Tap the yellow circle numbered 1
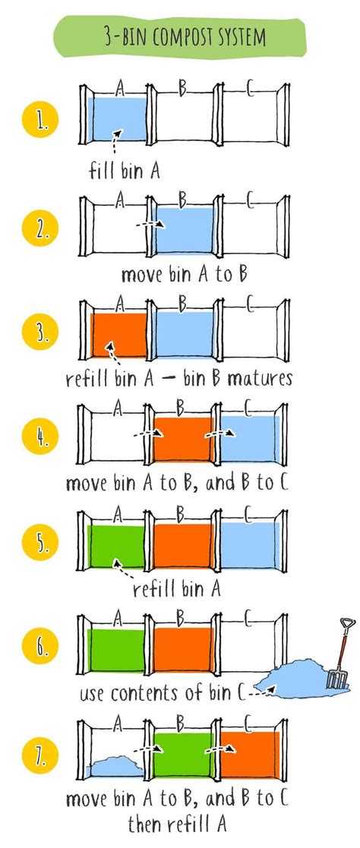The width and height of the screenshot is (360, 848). pyautogui.click(x=39, y=121)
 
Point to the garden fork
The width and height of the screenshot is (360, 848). pyautogui.click(x=340, y=654)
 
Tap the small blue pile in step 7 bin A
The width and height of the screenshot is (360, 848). pyautogui.click(x=115, y=766)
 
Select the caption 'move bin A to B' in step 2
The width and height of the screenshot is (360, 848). pyautogui.click(x=184, y=274)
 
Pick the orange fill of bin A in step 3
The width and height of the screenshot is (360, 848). pyautogui.click(x=119, y=335)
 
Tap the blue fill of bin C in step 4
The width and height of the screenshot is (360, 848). pyautogui.click(x=249, y=439)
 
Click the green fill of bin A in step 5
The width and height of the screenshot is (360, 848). pyautogui.click(x=116, y=546)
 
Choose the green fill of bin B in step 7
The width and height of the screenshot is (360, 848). pyautogui.click(x=185, y=755)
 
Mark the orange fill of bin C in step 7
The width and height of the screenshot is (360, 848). pyautogui.click(x=250, y=755)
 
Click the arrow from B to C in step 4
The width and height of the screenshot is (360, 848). pyautogui.click(x=219, y=433)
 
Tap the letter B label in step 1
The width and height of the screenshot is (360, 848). pyautogui.click(x=182, y=90)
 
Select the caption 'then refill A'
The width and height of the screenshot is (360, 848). pyautogui.click(x=177, y=825)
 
